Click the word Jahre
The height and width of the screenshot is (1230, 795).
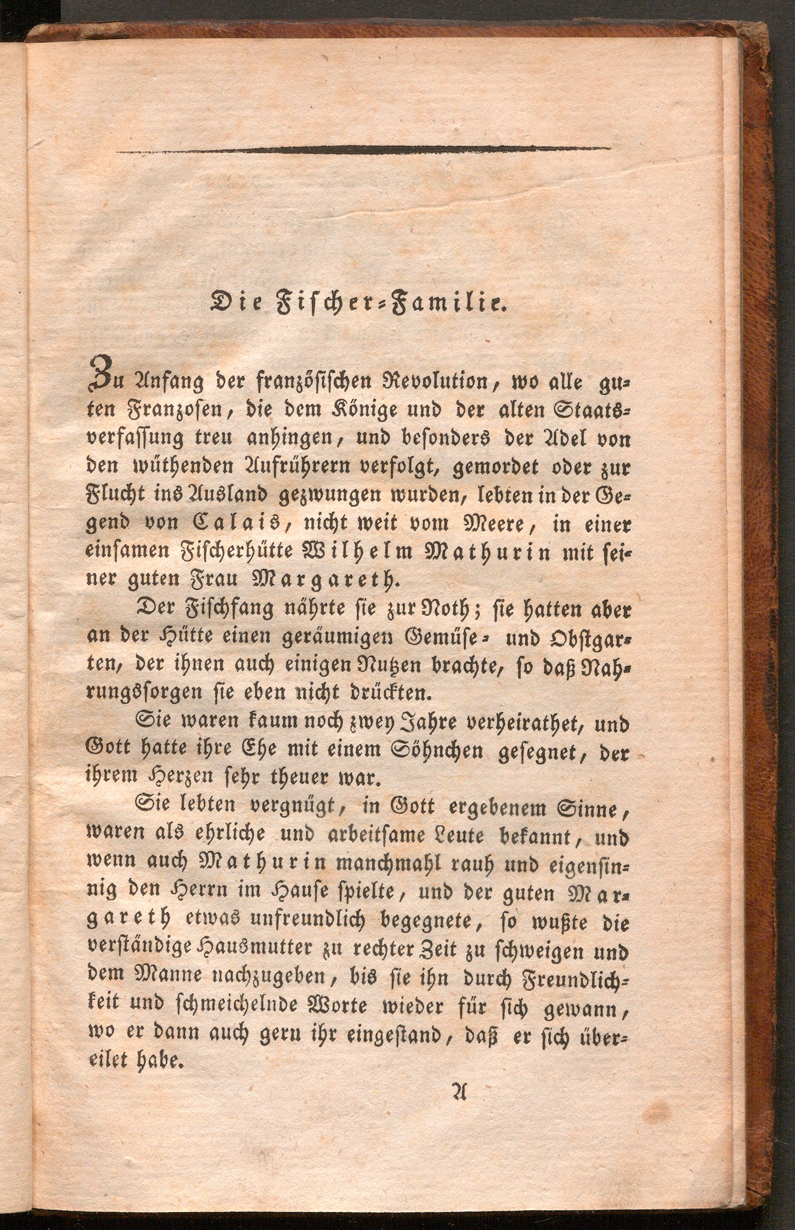pyautogui.click(x=412, y=722)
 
